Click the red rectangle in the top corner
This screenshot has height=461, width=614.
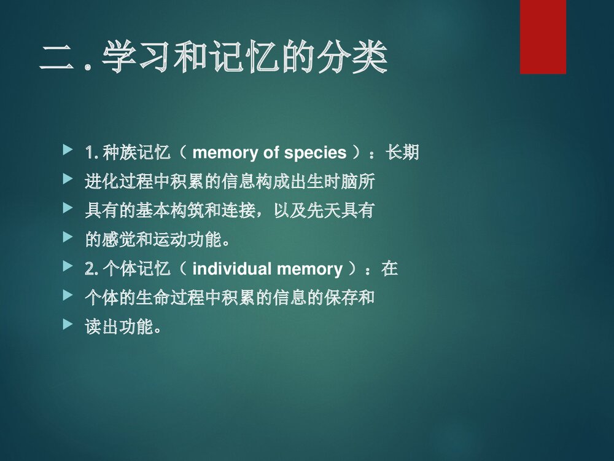point(543,37)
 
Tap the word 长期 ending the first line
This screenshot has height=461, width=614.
point(402,152)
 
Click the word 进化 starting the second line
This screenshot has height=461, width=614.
point(101,182)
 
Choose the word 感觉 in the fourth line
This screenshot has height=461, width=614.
point(118,240)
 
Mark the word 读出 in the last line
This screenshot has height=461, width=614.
point(101,327)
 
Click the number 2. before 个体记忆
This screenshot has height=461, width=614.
point(91,269)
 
